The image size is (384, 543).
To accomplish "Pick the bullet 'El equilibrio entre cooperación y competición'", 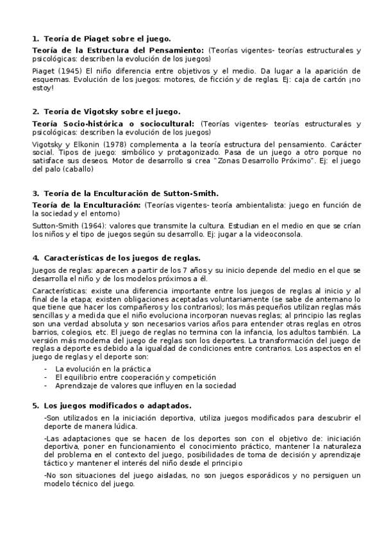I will click(126, 378).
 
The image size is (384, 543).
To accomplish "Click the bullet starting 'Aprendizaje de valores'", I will click(146, 385).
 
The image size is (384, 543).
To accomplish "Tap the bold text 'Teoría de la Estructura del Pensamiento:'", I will click(118, 49).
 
